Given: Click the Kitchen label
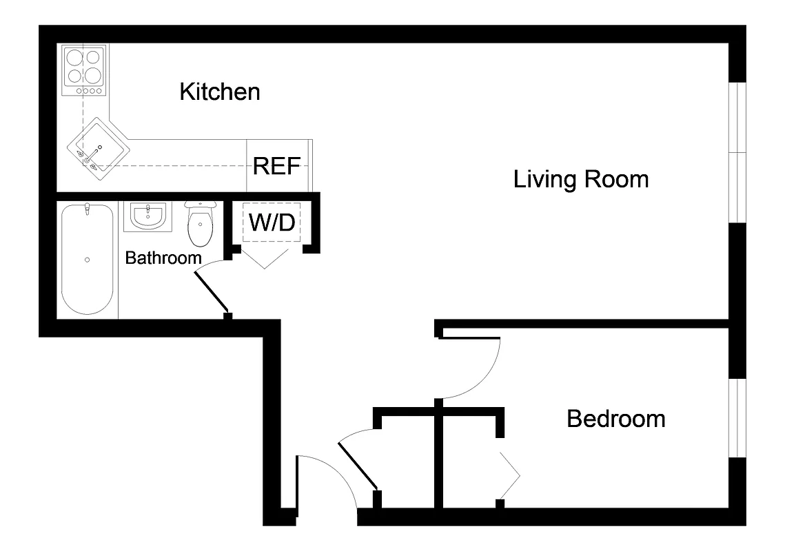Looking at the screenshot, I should tap(220, 92).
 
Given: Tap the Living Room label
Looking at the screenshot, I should tap(581, 180).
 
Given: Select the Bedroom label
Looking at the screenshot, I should tap(615, 419).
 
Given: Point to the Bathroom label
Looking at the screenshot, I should tap(163, 258).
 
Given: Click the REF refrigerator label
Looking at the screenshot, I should tap(276, 166).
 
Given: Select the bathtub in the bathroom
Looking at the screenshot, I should tap(87, 259).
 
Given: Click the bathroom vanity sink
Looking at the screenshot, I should tap(147, 216).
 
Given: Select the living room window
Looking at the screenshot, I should tap(737, 153).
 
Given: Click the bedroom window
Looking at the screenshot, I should tap(737, 417).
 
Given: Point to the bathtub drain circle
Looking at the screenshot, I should tap(87, 260).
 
